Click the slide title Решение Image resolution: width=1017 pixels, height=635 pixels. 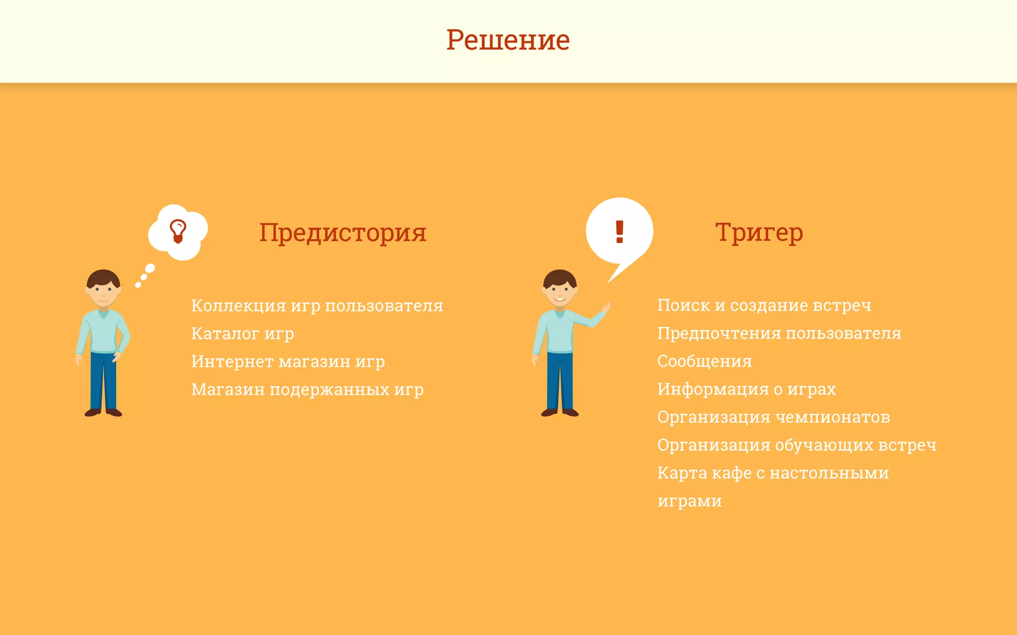[508, 40]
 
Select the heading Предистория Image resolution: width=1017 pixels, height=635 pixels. [343, 232]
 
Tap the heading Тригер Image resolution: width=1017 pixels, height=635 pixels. [759, 232]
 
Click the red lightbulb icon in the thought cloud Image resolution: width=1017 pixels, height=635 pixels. [178, 231]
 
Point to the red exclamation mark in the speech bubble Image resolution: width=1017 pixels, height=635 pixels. [619, 231]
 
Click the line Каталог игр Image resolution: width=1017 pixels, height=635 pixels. [242, 334]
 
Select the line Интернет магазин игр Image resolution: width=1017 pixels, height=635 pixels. [288, 362]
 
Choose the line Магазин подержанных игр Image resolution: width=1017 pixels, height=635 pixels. [307, 390]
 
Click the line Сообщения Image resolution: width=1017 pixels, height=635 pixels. [704, 362]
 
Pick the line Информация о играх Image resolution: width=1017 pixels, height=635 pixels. [746, 389]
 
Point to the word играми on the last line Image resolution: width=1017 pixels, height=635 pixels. [689, 501]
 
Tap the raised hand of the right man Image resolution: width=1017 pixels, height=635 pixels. [606, 308]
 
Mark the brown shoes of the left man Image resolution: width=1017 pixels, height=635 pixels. [103, 412]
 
